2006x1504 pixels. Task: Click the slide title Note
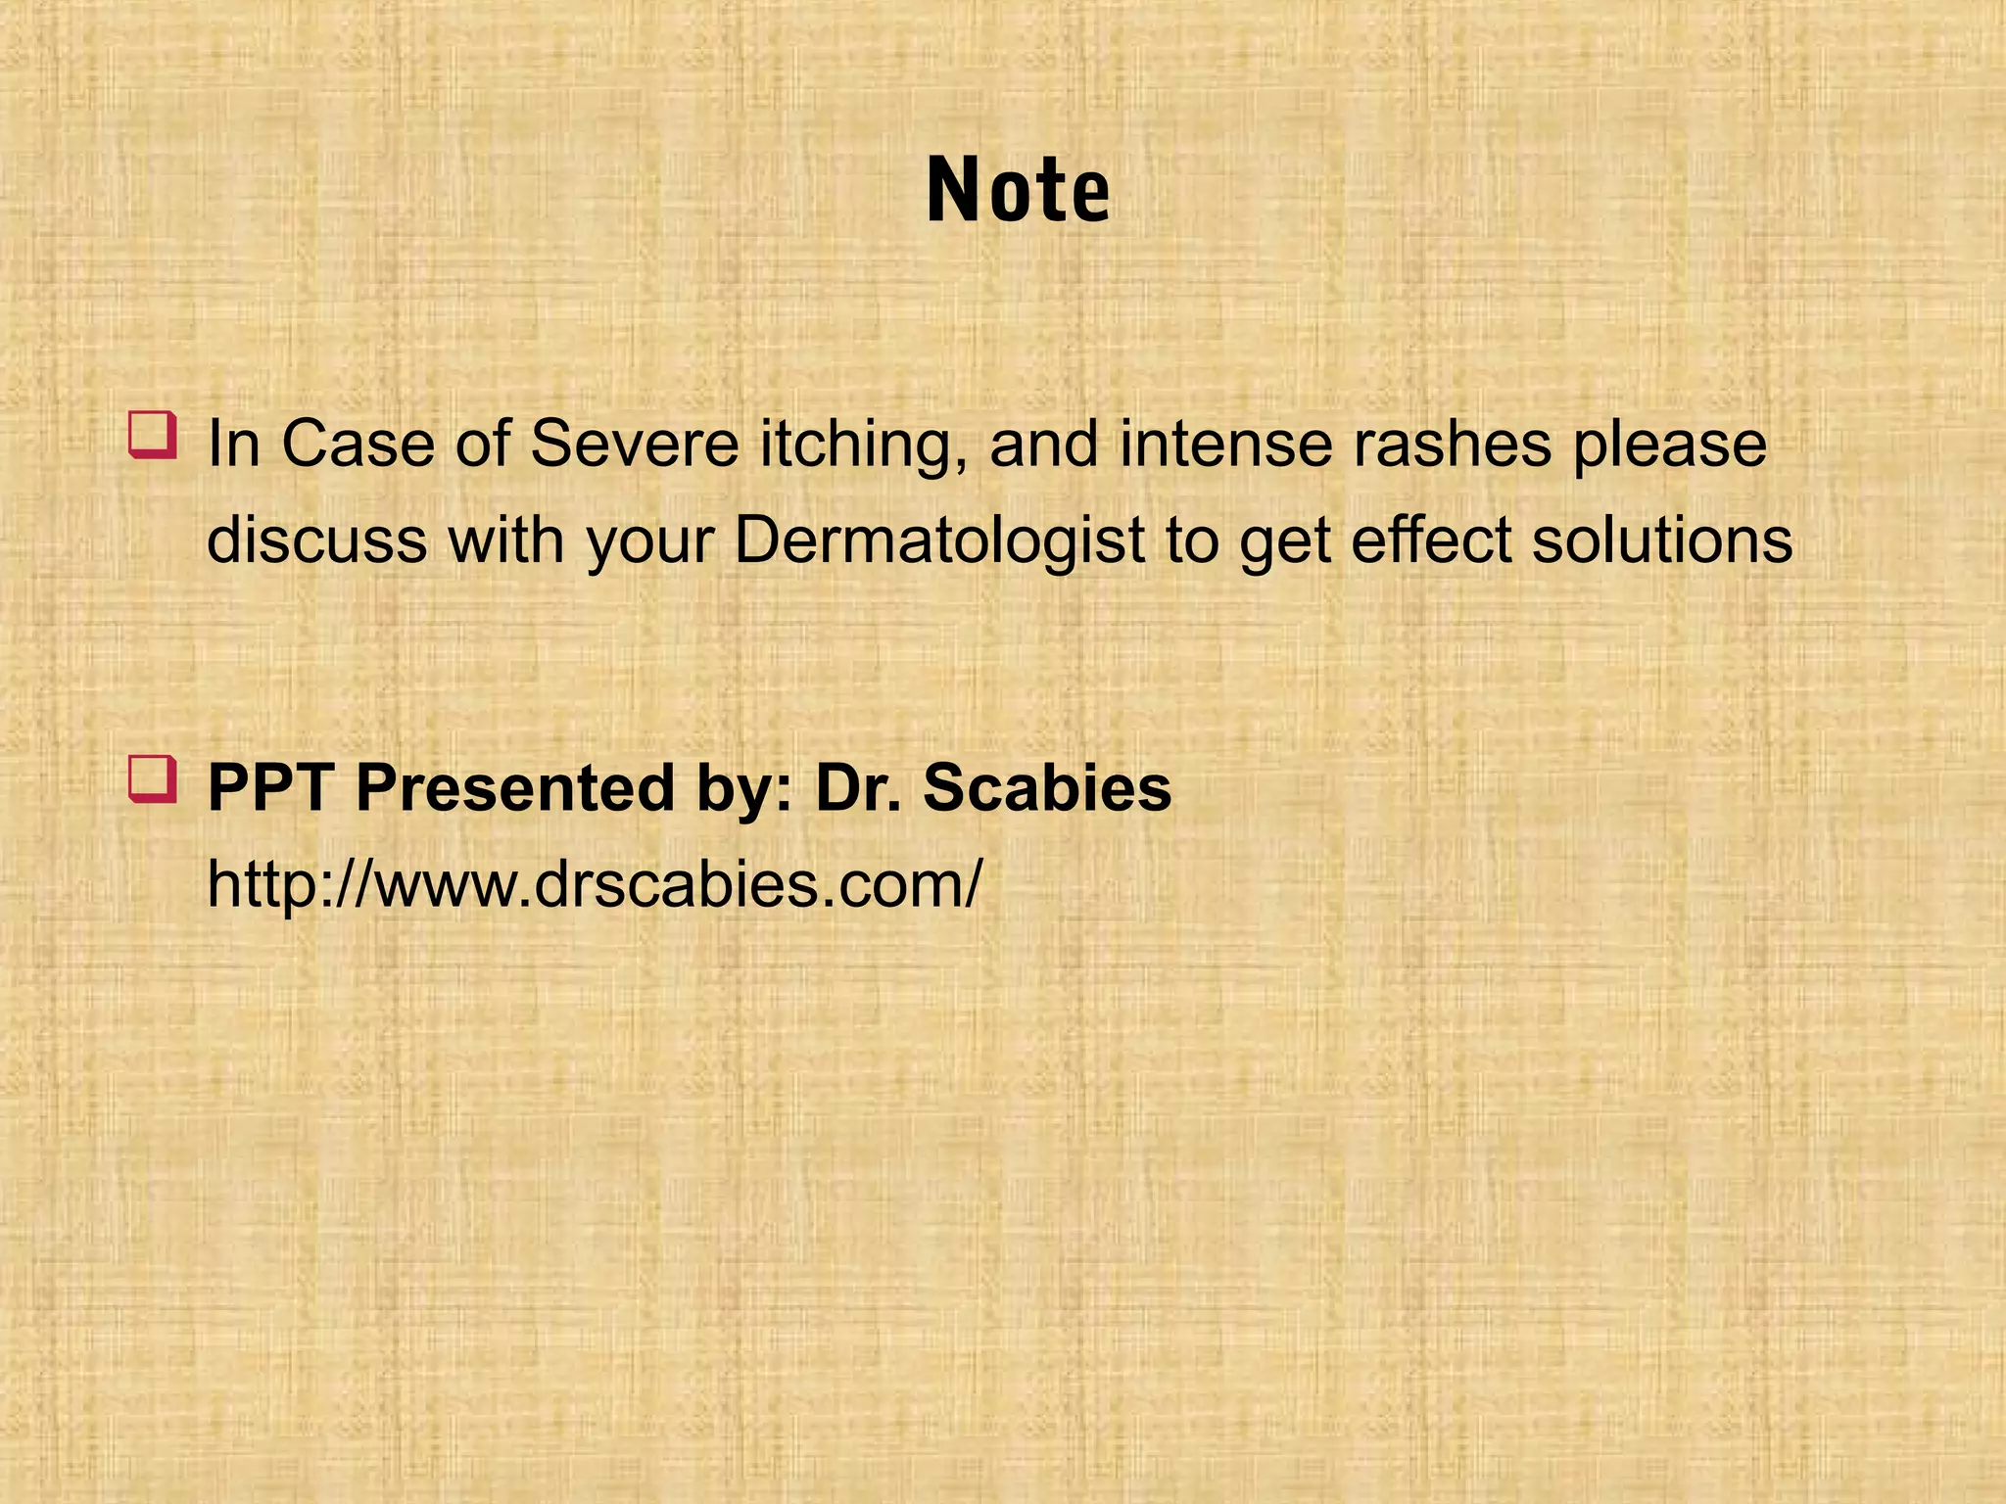point(1018,191)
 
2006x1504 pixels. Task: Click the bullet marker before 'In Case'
point(152,436)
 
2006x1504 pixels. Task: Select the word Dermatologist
point(939,541)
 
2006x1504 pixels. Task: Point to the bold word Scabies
point(1047,788)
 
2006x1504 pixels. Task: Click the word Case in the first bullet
point(358,445)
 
